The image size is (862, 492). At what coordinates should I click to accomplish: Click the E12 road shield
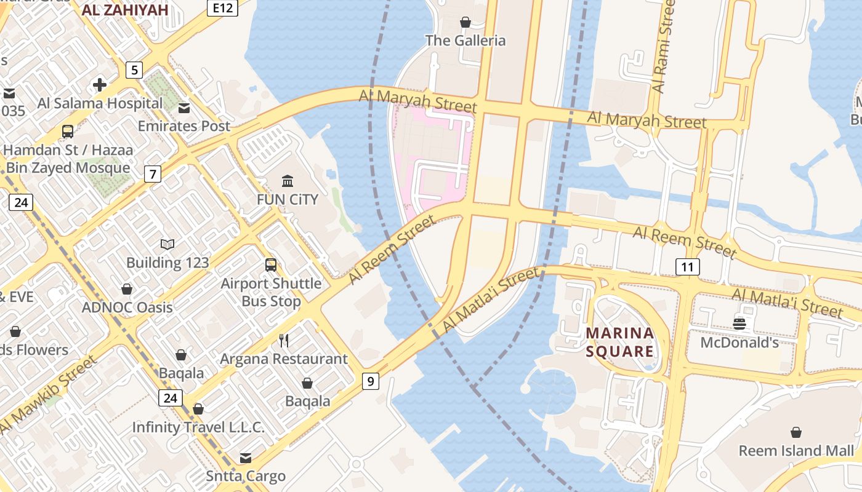pyautogui.click(x=222, y=7)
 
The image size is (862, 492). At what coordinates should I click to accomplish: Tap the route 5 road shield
pyautogui.click(x=134, y=69)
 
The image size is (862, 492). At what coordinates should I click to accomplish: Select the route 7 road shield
pyautogui.click(x=153, y=174)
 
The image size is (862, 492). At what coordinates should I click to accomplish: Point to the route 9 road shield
pyautogui.click(x=370, y=381)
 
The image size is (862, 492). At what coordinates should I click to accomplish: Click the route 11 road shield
pyautogui.click(x=687, y=266)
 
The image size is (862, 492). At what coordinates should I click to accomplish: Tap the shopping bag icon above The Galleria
pyautogui.click(x=465, y=22)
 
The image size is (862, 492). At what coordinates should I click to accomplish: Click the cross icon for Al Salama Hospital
pyautogui.click(x=100, y=85)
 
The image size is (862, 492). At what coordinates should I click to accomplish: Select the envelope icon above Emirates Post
pyautogui.click(x=183, y=108)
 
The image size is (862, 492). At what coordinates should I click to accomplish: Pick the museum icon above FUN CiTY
pyautogui.click(x=288, y=181)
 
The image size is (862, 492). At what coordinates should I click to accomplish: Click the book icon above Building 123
pyautogui.click(x=167, y=244)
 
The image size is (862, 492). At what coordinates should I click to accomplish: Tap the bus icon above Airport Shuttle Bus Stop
pyautogui.click(x=271, y=265)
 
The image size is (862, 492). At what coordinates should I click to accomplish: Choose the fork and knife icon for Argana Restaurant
pyautogui.click(x=284, y=340)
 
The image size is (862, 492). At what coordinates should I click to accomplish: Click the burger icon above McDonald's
pyautogui.click(x=739, y=323)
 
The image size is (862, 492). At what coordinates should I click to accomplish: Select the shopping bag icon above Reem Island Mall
pyautogui.click(x=796, y=432)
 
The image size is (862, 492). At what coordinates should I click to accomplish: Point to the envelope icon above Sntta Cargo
pyautogui.click(x=246, y=458)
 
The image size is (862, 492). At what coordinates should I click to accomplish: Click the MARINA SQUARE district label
pyautogui.click(x=619, y=342)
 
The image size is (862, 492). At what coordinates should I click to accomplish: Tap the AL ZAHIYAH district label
pyautogui.click(x=125, y=9)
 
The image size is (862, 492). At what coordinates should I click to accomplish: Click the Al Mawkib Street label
pyautogui.click(x=49, y=394)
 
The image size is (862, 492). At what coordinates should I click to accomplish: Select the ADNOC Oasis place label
pyautogui.click(x=127, y=307)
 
